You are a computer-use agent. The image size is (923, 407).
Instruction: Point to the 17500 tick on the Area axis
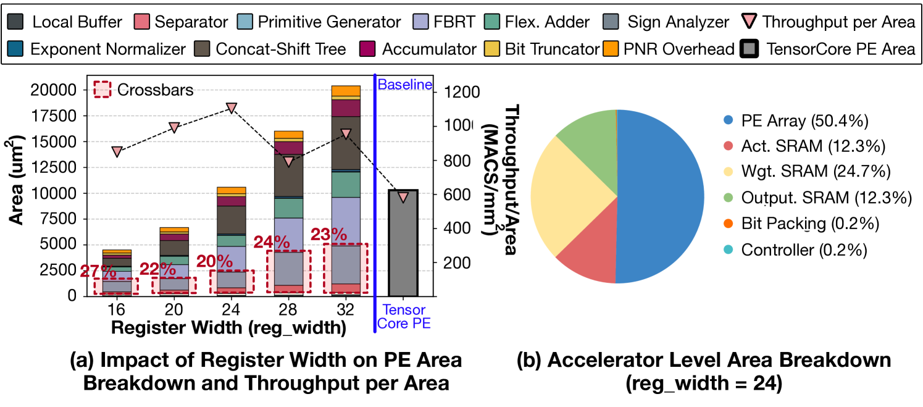point(51,116)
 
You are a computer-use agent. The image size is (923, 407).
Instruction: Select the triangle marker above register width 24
point(232,108)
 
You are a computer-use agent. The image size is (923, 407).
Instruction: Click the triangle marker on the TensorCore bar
point(403,197)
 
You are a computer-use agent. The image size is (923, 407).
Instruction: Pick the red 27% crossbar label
point(97,271)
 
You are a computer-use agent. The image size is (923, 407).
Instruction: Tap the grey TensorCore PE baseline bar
point(403,247)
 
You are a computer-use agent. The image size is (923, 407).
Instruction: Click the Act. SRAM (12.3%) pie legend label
point(812,146)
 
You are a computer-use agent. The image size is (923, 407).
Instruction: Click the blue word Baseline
point(404,85)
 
